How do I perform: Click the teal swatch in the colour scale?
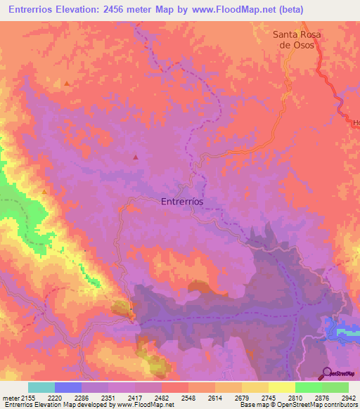pyautogui.click(x=41, y=387)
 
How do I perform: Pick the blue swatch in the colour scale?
pyautogui.click(x=67, y=387)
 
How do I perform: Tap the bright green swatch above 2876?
pyautogui.click(x=308, y=387)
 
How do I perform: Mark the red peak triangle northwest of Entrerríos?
pyautogui.click(x=135, y=157)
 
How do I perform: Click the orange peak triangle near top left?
pyautogui.click(x=67, y=84)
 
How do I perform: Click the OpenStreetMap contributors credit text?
pyautogui.click(x=316, y=405)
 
